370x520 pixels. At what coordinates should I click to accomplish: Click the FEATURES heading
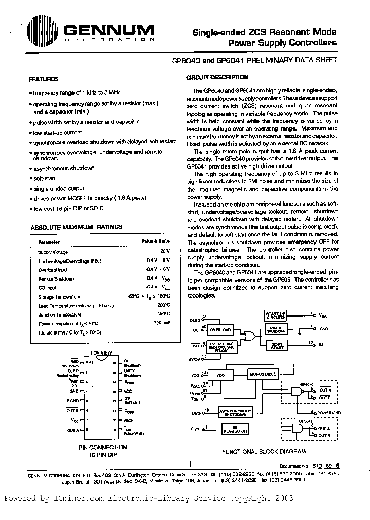[43, 79]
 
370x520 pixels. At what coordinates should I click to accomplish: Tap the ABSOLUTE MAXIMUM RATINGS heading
[69, 227]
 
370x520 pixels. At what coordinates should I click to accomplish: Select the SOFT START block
[277, 346]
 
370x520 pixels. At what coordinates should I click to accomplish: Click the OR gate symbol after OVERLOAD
[250, 336]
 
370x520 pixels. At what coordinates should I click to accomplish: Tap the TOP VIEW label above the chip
[102, 352]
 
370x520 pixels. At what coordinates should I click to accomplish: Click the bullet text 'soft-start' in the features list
[45, 178]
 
